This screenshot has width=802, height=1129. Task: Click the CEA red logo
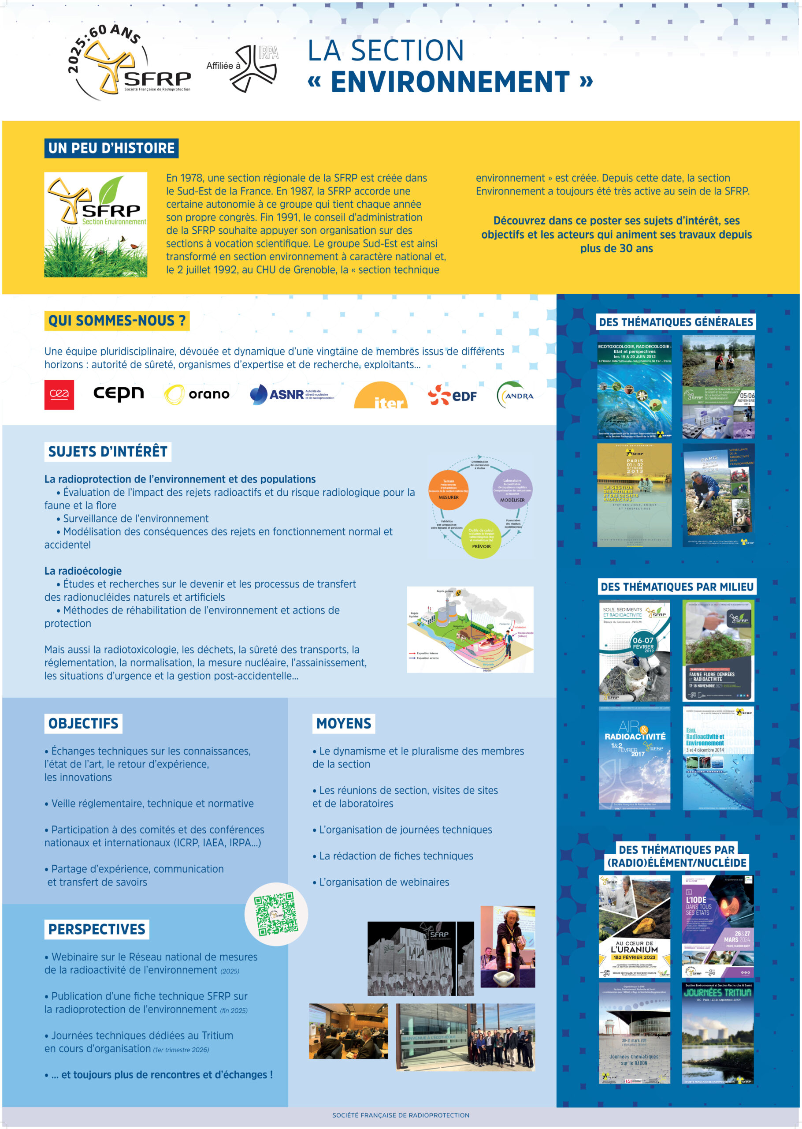59,394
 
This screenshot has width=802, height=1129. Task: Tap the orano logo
197,394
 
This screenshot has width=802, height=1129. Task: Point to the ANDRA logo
515,395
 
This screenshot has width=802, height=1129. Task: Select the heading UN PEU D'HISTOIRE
111,148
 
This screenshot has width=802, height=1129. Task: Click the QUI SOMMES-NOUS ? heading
117,321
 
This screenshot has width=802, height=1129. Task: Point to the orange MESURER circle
449,490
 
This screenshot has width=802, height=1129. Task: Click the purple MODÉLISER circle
512,489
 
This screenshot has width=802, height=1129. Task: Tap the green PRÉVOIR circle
481,538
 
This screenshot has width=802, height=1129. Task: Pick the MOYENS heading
344,723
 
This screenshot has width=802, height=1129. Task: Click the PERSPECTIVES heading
97,929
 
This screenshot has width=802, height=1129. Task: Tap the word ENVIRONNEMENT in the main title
450,82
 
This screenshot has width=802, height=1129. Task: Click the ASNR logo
292,394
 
